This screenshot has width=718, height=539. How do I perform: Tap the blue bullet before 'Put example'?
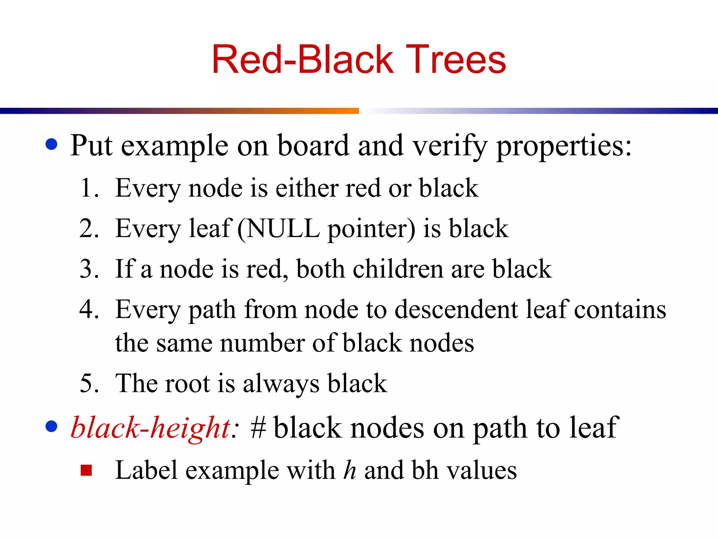coord(52,145)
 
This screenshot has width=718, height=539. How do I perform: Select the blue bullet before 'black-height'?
coord(52,426)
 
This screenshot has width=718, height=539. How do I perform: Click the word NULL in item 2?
coord(283,228)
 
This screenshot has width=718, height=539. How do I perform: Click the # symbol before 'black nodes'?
coord(258,427)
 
